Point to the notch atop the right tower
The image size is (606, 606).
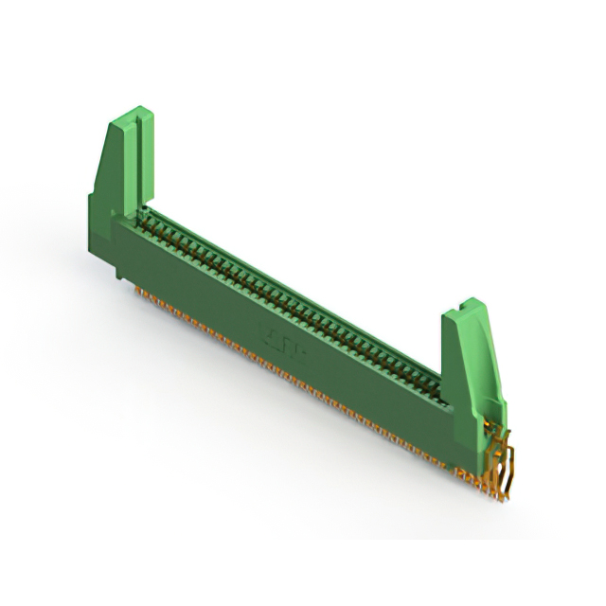pos(466,307)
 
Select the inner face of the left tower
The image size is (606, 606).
pos(147,161)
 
